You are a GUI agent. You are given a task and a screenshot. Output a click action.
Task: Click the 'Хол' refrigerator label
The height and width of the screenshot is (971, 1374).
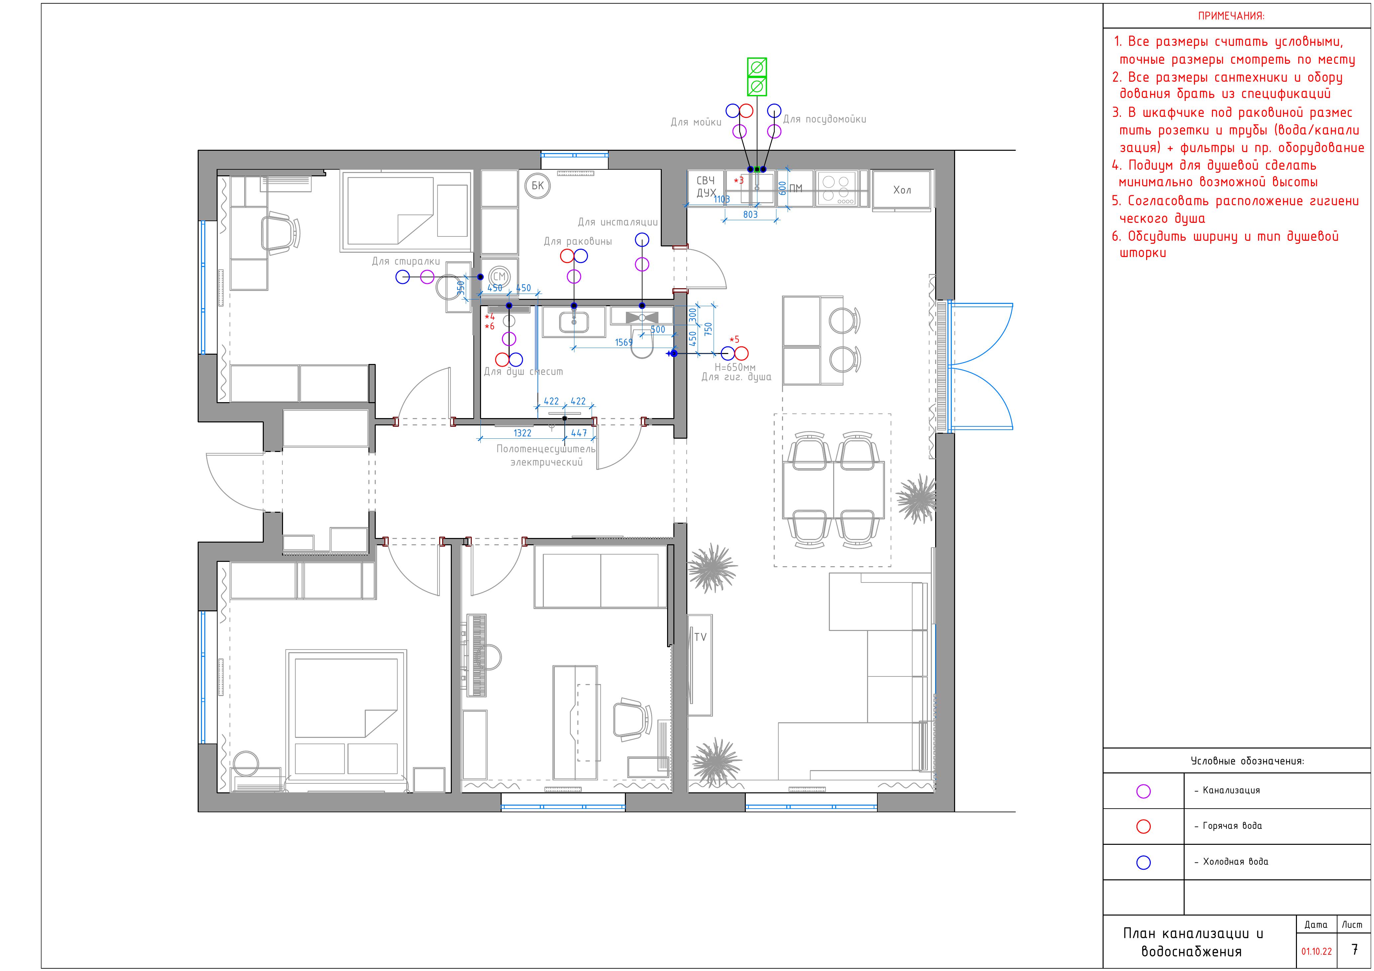(x=902, y=190)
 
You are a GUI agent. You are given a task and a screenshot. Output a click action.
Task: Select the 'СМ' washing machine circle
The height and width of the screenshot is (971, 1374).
(x=499, y=276)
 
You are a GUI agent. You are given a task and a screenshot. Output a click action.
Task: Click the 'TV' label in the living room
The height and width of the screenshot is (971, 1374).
(x=700, y=637)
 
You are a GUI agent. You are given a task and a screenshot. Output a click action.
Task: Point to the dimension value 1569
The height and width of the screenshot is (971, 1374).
(x=624, y=343)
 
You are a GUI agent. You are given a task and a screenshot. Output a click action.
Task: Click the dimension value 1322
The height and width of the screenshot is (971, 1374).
(x=523, y=433)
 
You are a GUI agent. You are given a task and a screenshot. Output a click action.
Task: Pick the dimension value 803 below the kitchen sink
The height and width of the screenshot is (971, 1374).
(x=750, y=214)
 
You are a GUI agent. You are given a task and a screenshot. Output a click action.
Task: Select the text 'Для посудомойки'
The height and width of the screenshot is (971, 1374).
(x=825, y=120)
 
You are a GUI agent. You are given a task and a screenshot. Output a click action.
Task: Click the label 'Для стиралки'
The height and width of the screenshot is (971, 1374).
(x=406, y=261)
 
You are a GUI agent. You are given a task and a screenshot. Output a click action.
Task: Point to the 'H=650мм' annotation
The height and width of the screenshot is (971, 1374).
(x=735, y=367)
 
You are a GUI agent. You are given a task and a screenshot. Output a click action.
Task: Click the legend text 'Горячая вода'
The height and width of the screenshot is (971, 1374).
(x=1232, y=826)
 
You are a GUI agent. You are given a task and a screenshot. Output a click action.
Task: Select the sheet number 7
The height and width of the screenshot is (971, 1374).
(x=1355, y=949)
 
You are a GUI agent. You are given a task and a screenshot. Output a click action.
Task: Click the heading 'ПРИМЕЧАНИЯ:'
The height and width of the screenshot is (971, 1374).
(x=1231, y=17)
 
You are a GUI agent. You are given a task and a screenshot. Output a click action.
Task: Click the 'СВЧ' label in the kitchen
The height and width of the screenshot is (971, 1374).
(x=706, y=181)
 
